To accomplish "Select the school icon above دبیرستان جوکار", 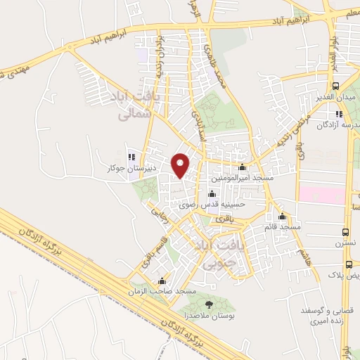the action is coord(131,157).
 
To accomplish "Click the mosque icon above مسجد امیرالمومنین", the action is coord(243,167).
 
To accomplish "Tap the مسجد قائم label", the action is coord(279,228).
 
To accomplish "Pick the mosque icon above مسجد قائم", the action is coord(283,216).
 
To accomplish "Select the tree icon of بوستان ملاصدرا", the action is coord(207,303).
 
